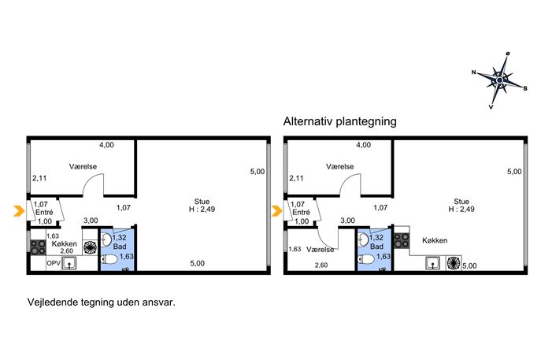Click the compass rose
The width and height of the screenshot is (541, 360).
tap(499, 80)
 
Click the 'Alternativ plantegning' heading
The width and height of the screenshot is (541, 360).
tap(340, 121)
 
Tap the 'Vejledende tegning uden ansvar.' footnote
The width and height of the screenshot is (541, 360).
tap(102, 302)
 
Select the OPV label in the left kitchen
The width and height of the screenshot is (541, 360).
tap(54, 263)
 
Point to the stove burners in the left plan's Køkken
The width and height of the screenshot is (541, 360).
tap(38, 247)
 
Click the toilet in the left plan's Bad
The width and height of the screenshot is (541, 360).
tap(109, 259)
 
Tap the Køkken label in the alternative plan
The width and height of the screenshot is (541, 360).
tap(435, 240)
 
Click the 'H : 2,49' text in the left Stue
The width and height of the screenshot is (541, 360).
tap(202, 209)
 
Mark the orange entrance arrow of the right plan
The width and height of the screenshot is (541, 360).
tap(276, 211)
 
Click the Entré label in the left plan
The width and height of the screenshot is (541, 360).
tap(44, 212)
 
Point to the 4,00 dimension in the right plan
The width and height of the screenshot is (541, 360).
tap(363, 145)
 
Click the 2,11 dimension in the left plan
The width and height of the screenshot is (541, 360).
tap(39, 178)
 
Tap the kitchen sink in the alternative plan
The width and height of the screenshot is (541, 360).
tap(432, 263)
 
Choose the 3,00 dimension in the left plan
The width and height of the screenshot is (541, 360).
tap(91, 221)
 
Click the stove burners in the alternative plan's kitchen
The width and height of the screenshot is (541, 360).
tap(402, 240)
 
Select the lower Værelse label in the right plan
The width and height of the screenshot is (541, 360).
tap(320, 249)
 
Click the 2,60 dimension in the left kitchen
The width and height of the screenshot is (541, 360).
tap(67, 251)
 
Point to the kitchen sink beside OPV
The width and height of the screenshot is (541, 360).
tap(69, 263)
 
